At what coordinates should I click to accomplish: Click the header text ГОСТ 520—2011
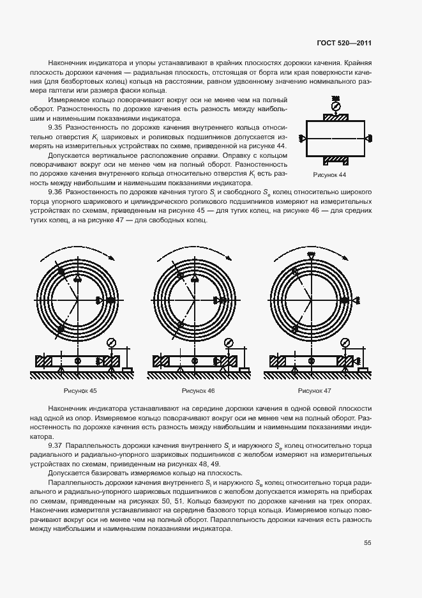coord(344,43)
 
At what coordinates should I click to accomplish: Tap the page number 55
coord(367,543)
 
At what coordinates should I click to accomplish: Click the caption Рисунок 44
coord(329,174)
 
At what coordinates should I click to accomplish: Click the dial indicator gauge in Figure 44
coord(336,105)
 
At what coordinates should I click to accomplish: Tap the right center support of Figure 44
coord(368,138)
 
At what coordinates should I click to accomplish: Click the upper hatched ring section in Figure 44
coord(336,118)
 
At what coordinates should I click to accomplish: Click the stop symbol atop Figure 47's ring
coord(311,256)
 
